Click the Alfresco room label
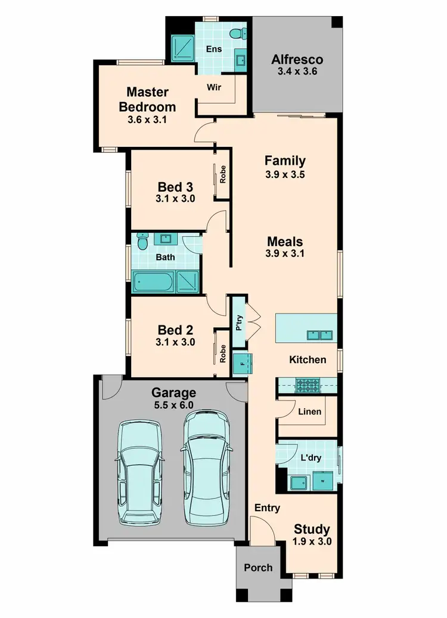[297, 59]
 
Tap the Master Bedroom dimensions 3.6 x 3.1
[147, 119]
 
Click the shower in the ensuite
[181, 45]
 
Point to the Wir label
[214, 87]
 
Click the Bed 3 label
[175, 186]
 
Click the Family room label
[285, 160]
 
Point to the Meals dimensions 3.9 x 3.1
[285, 254]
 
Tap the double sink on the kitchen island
[318, 335]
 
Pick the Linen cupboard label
[309, 411]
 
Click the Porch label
[258, 567]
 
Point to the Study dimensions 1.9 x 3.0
[312, 542]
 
